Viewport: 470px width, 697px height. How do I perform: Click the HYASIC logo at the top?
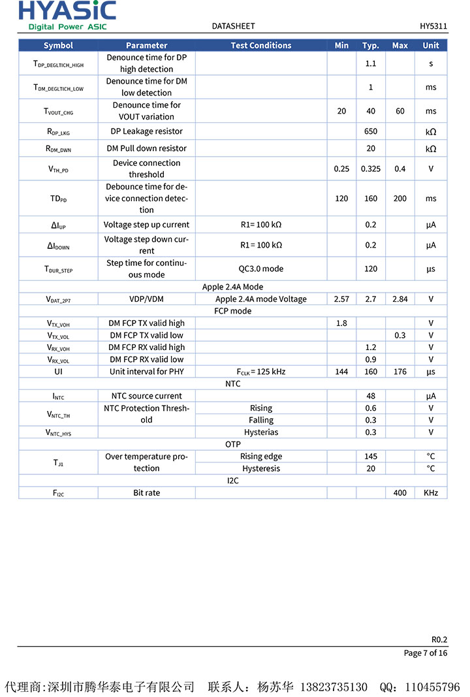pyautogui.click(x=67, y=15)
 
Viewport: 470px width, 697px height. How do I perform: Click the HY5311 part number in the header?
pyautogui.click(x=433, y=26)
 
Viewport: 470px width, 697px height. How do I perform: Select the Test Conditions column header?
pyautogui.click(x=261, y=45)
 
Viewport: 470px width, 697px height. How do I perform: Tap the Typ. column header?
pyautogui.click(x=371, y=45)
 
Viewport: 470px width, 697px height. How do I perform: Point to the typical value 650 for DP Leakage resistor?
pyautogui.click(x=371, y=131)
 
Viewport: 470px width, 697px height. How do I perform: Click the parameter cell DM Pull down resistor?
pyautogui.click(x=146, y=148)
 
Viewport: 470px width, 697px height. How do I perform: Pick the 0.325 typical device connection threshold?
pyautogui.click(x=371, y=169)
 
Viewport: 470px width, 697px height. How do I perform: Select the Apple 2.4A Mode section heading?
pyautogui.click(x=233, y=287)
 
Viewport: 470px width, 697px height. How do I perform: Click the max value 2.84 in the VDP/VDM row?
pyautogui.click(x=400, y=299)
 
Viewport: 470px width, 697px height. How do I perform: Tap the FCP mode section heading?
pyautogui.click(x=233, y=311)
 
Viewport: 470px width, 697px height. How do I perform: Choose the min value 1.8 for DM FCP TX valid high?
pyautogui.click(x=341, y=323)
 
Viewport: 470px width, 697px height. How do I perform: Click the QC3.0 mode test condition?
pyautogui.click(x=261, y=268)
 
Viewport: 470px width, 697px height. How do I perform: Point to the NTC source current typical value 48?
pyautogui.click(x=371, y=396)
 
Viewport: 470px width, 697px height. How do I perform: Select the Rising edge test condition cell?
pyautogui.click(x=261, y=456)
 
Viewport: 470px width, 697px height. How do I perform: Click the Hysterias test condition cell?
pyautogui.click(x=261, y=432)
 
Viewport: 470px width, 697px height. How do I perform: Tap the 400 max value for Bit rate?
pyautogui.click(x=400, y=493)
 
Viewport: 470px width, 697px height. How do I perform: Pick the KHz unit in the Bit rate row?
pyautogui.click(x=431, y=493)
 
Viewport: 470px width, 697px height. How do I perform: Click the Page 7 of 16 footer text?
pyautogui.click(x=426, y=653)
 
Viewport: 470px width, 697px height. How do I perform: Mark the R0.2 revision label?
pyautogui.click(x=439, y=640)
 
